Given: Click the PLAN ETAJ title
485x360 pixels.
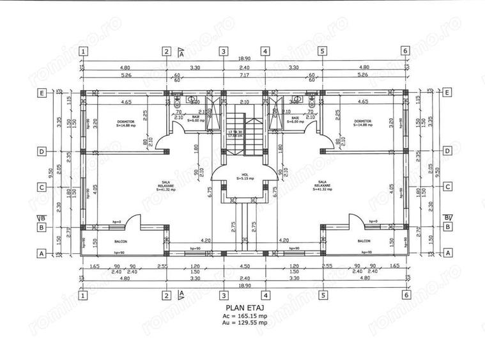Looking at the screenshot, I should pos(243,308).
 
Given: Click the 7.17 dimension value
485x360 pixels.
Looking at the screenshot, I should pos(243,75).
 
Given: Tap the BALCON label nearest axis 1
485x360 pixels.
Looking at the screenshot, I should pos(120,242).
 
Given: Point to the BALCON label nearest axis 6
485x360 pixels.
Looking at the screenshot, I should pos(364,242).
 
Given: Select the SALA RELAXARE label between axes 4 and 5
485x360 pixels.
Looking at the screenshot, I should pos(321,185).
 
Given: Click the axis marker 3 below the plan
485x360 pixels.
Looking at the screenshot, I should pos(224,295).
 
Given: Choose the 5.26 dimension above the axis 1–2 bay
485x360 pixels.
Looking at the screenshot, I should pos(125,75).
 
